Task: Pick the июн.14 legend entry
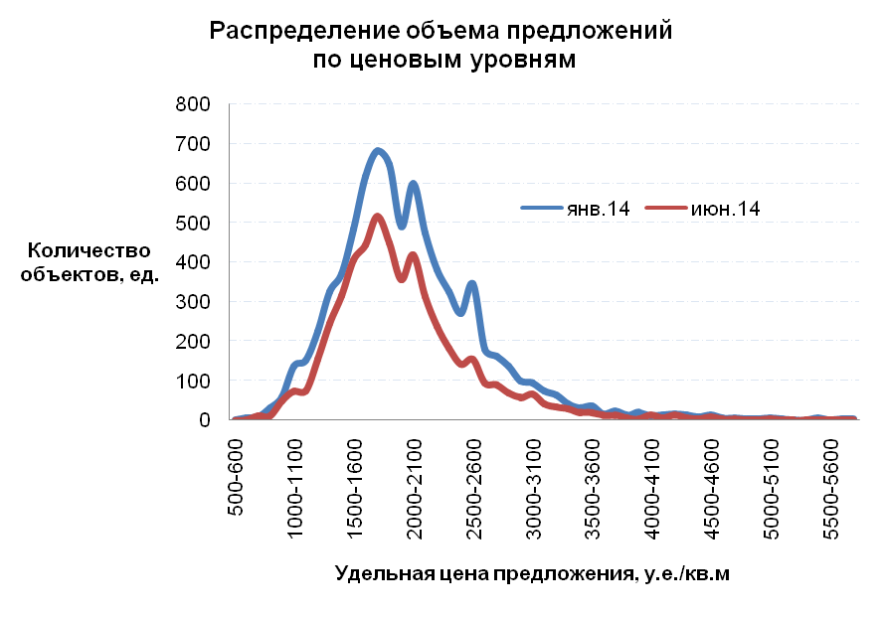point(731,207)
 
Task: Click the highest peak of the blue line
point(378,151)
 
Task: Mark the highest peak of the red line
point(378,217)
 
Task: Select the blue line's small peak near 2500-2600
point(472,284)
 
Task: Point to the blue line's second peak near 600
point(413,184)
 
